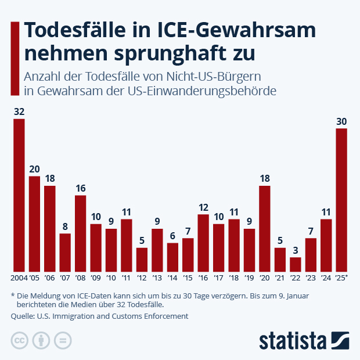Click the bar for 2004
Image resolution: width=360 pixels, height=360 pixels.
(x=19, y=195)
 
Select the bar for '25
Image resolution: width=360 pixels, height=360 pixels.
(x=341, y=200)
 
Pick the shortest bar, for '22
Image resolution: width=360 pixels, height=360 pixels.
(x=296, y=265)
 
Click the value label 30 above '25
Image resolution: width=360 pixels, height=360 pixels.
(x=341, y=121)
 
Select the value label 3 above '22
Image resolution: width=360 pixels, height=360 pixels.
(x=296, y=250)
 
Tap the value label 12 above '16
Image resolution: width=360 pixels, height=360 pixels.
(x=203, y=207)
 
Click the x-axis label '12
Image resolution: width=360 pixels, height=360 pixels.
(x=142, y=278)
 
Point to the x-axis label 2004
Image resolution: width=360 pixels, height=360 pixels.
(x=18, y=278)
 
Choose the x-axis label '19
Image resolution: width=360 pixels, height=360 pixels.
(x=249, y=278)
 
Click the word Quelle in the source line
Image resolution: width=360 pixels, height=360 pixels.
(x=21, y=316)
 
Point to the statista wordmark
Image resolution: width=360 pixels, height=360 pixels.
(x=293, y=340)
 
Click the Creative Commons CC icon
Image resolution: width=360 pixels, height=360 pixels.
(x=20, y=340)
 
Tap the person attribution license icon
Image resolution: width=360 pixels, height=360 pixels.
(x=41, y=340)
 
